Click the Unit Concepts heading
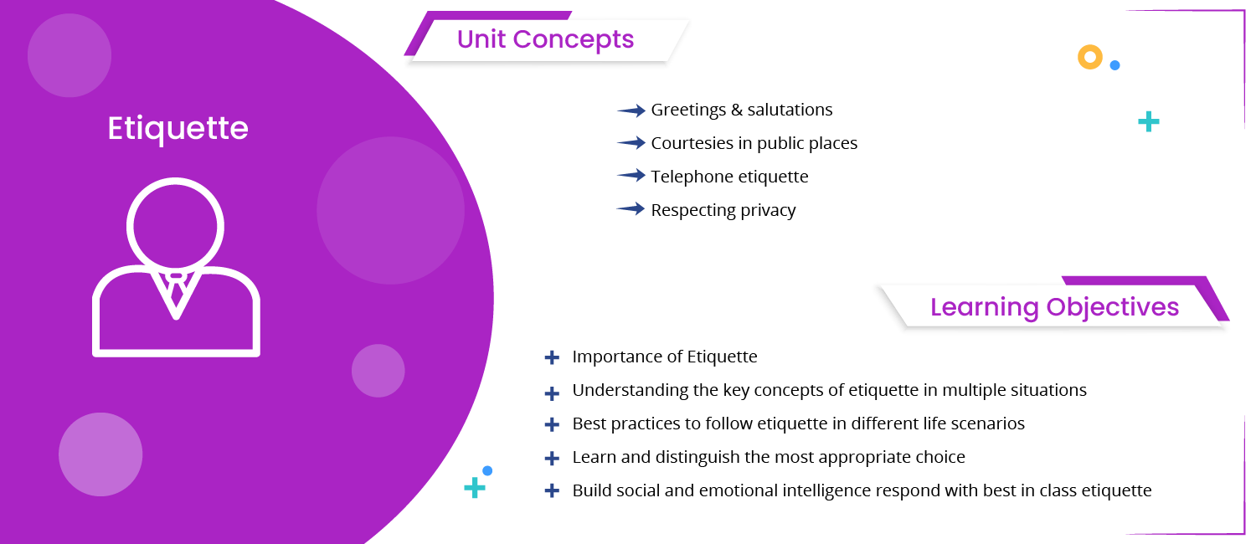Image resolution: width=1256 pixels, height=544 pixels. (x=545, y=39)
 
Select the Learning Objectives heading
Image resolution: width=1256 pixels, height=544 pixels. (x=1054, y=307)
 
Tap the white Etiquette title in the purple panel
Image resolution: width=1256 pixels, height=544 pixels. (x=178, y=128)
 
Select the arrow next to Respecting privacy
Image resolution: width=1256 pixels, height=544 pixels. (x=631, y=209)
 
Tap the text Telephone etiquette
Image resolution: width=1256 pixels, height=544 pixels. (x=729, y=177)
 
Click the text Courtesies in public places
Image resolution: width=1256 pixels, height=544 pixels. (x=754, y=143)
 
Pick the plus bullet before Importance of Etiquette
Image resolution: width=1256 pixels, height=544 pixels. (x=551, y=357)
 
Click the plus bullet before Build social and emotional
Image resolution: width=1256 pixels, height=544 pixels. (x=551, y=491)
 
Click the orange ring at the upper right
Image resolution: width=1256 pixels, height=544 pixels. (x=1089, y=57)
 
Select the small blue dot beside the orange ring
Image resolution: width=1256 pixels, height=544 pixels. (x=1114, y=64)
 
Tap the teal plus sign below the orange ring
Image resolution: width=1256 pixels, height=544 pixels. (x=1149, y=122)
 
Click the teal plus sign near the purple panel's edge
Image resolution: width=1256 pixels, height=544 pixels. (x=475, y=488)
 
